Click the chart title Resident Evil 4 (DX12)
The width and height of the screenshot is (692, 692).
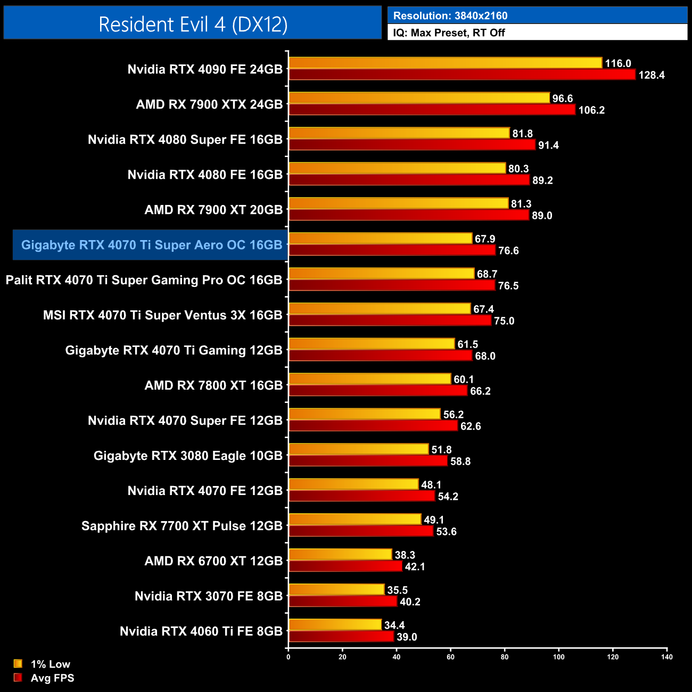[x=193, y=24]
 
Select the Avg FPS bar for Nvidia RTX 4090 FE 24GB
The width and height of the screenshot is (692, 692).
[x=462, y=75]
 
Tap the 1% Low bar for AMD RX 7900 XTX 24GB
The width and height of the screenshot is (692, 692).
[x=419, y=98]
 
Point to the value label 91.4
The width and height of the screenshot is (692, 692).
[x=548, y=145]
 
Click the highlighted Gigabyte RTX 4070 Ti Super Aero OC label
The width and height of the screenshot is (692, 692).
[x=151, y=245]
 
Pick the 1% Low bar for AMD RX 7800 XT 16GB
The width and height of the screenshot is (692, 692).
[x=369, y=379]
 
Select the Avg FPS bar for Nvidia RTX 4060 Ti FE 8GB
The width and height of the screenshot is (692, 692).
[x=341, y=637]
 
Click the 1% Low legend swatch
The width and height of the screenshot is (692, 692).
[x=18, y=664]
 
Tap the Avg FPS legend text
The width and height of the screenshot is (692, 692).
[x=52, y=678]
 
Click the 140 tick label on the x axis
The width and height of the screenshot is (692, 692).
[x=666, y=657]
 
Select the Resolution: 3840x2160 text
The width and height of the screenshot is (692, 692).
[x=450, y=16]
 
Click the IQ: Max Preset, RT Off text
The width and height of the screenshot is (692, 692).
[x=449, y=32]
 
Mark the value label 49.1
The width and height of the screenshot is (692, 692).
[x=434, y=520]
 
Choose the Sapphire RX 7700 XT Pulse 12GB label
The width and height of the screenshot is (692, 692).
[x=182, y=526]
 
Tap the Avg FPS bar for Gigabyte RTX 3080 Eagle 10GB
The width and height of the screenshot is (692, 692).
[x=368, y=461]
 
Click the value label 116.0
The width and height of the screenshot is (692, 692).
[x=617, y=63]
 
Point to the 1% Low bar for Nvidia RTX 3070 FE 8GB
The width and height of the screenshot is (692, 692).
[x=336, y=590]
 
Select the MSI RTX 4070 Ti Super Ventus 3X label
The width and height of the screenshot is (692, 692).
[x=162, y=315]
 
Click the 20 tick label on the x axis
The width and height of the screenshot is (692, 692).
[x=342, y=657]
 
